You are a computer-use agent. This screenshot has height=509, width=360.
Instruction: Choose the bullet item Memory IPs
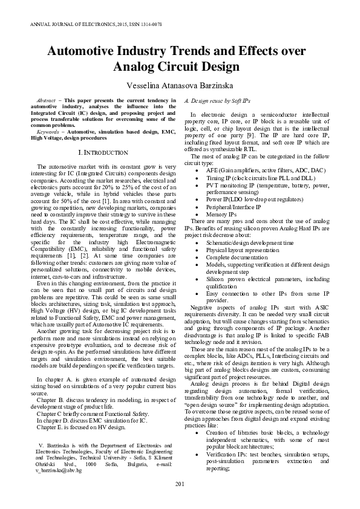click(x=221, y=214)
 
